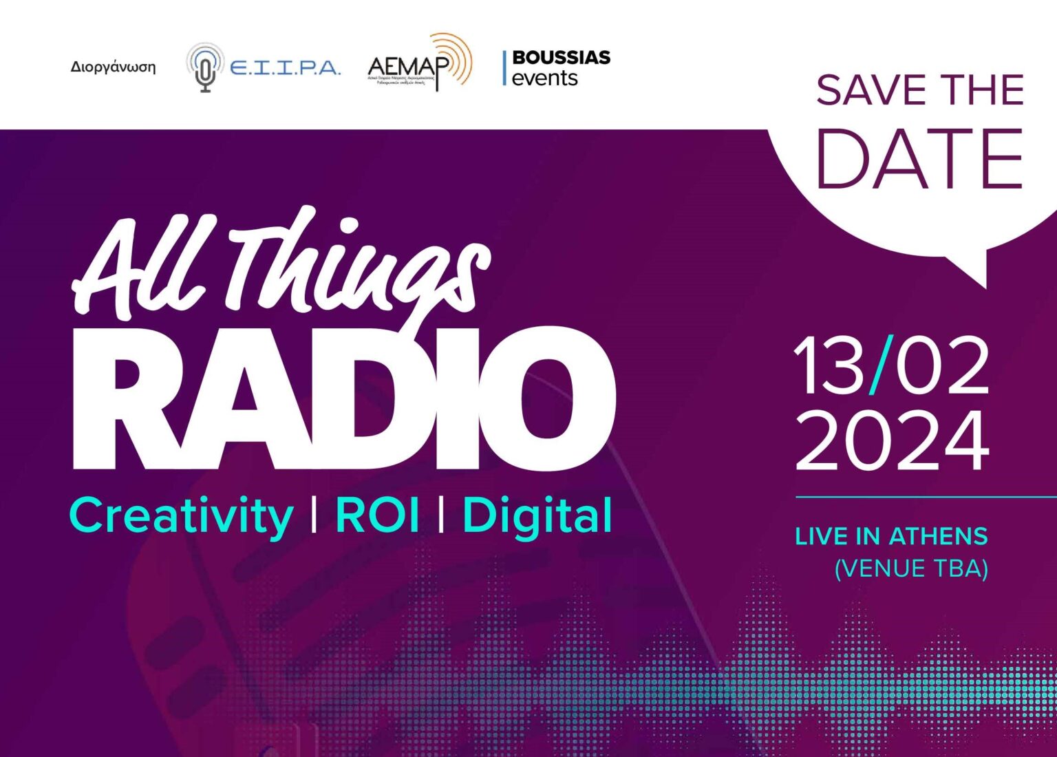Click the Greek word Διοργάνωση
point(113,67)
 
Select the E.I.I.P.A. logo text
point(284,68)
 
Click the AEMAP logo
point(419,64)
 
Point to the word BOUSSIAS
point(561,57)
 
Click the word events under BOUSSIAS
point(544,78)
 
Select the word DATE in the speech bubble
point(919,159)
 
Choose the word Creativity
point(182,516)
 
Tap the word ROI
point(377,515)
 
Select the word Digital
point(537,516)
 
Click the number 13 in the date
point(829,366)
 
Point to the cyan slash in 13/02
point(882,365)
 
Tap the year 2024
point(893,440)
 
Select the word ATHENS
point(939,537)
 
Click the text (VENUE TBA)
point(911,569)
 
